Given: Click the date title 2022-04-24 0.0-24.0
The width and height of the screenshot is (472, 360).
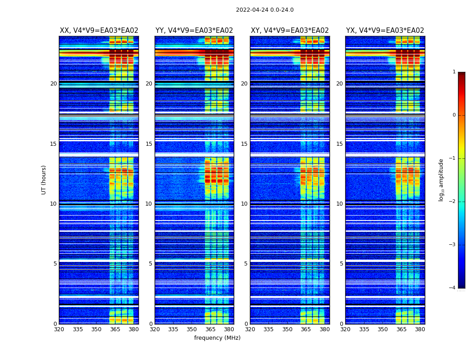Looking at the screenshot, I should point(265,10).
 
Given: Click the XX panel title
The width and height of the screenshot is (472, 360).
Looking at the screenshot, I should point(99,31).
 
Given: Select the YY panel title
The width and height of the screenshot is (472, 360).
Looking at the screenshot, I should point(194,31).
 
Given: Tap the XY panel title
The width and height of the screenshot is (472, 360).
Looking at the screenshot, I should point(289,31).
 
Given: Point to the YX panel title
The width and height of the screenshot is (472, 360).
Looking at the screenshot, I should point(385,31).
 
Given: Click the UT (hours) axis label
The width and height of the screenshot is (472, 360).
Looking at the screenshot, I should point(44,180).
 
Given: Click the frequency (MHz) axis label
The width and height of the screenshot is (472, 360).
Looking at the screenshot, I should point(217,338).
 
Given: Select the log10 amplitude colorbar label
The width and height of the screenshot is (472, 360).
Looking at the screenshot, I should point(441,180).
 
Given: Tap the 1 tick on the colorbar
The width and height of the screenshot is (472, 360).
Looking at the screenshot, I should point(454,72).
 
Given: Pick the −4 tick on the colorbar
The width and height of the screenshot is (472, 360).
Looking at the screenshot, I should point(453,288).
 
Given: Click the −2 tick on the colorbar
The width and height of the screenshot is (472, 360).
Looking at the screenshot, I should point(453,202).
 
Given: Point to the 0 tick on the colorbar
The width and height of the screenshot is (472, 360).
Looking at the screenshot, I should point(454,115).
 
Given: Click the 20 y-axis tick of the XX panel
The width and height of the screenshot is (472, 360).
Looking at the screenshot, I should point(53,84).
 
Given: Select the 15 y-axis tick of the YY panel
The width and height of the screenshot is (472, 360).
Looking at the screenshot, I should point(149,144).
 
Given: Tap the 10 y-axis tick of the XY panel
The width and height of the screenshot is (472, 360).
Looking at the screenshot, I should point(244,204).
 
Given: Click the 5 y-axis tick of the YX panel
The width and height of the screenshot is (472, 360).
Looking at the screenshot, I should point(341,264).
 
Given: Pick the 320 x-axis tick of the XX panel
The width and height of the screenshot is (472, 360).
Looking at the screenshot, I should point(59,329).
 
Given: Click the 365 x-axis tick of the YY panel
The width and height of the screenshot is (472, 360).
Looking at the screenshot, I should point(210,329).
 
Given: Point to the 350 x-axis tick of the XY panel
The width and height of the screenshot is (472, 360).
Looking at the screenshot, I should point(287,329).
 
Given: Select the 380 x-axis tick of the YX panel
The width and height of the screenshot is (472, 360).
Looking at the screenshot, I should point(420,329).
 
